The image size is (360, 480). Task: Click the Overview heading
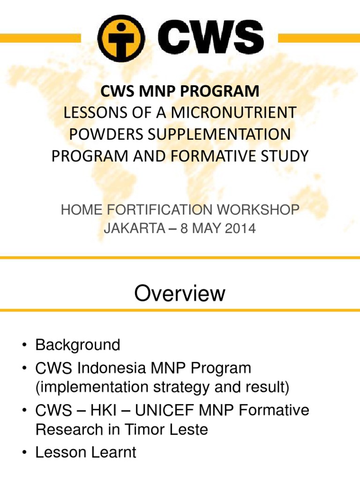(180, 294)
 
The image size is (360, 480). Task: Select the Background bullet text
(78, 345)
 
